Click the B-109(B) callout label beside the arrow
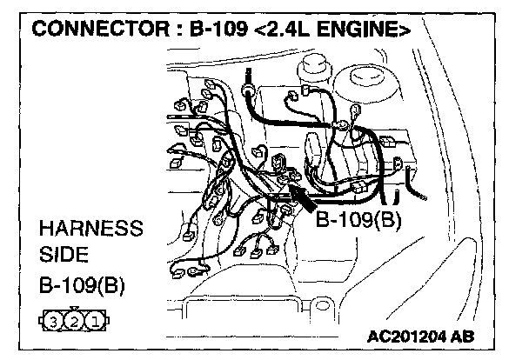[x=358, y=219]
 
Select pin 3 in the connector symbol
[x=54, y=321]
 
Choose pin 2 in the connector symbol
[x=76, y=321]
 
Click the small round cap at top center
[x=310, y=64]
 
